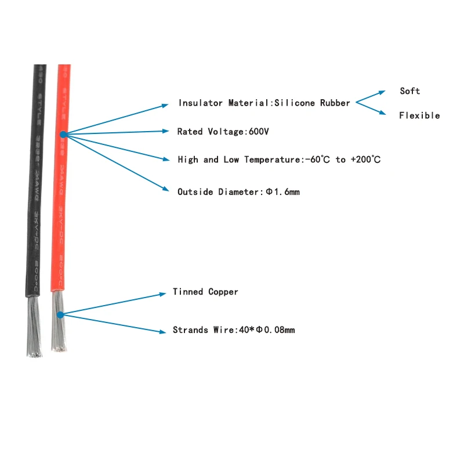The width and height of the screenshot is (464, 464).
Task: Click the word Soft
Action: (409, 91)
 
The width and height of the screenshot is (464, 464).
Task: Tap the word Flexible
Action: (419, 115)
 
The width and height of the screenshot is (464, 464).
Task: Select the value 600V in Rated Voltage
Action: (259, 132)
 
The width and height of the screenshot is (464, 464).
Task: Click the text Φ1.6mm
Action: (282, 192)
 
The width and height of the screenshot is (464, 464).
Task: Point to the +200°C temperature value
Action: (365, 159)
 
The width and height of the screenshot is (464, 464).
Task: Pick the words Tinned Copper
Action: (205, 292)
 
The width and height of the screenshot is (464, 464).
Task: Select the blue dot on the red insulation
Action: (63, 135)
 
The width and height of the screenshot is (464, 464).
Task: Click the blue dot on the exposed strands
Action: (60, 314)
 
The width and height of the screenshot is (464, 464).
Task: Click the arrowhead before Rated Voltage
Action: (166, 132)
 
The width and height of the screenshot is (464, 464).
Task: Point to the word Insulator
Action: (201, 103)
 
